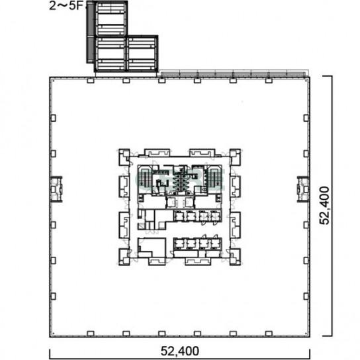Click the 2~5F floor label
click(x=66, y=5)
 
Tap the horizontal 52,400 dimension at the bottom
click(x=179, y=351)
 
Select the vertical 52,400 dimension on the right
click(x=324, y=205)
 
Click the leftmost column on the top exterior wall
click(x=91, y=81)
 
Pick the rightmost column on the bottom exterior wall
click(x=269, y=333)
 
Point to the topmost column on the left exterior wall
click(x=53, y=118)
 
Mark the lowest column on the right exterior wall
click(x=306, y=296)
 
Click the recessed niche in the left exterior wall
click(x=56, y=189)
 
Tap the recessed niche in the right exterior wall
click(x=303, y=189)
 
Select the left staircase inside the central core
click(x=145, y=179)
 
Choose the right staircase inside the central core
click(x=214, y=179)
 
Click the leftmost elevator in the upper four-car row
click(x=179, y=216)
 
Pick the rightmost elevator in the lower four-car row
click(x=216, y=244)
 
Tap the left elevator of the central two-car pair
click(x=171, y=202)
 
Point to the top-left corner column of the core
click(x=124, y=157)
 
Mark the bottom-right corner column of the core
click(x=235, y=257)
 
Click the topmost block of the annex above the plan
click(x=111, y=19)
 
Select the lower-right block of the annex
click(x=142, y=54)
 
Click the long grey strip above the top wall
click(x=233, y=73)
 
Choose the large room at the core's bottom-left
click(x=152, y=247)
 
